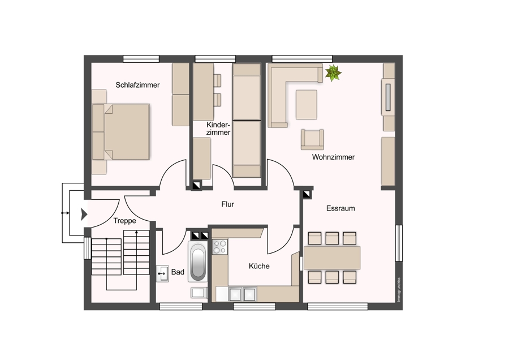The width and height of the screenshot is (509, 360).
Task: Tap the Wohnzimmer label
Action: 333,157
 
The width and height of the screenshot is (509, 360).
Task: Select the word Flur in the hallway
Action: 227,204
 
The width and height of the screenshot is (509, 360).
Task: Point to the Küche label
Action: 259,266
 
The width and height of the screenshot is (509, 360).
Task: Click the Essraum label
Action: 340,208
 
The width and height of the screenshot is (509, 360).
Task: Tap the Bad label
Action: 178,272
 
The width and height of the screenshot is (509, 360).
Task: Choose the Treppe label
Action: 124,221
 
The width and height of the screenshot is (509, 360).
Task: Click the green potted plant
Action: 333,73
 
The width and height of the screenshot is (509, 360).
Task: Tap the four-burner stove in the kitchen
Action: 220,247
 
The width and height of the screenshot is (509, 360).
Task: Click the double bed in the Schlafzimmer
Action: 121,132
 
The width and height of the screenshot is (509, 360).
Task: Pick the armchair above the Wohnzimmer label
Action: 312,140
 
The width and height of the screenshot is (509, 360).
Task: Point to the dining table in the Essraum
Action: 332,258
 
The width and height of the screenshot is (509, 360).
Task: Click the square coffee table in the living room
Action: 307,105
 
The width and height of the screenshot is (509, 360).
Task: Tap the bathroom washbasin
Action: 162,273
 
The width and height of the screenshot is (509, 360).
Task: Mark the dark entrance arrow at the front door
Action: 84,215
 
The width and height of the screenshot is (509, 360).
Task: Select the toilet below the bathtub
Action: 199,293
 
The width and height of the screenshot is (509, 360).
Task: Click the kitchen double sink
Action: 243,294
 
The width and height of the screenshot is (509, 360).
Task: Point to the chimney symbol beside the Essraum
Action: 307,194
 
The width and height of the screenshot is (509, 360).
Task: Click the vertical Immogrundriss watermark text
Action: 399,290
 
